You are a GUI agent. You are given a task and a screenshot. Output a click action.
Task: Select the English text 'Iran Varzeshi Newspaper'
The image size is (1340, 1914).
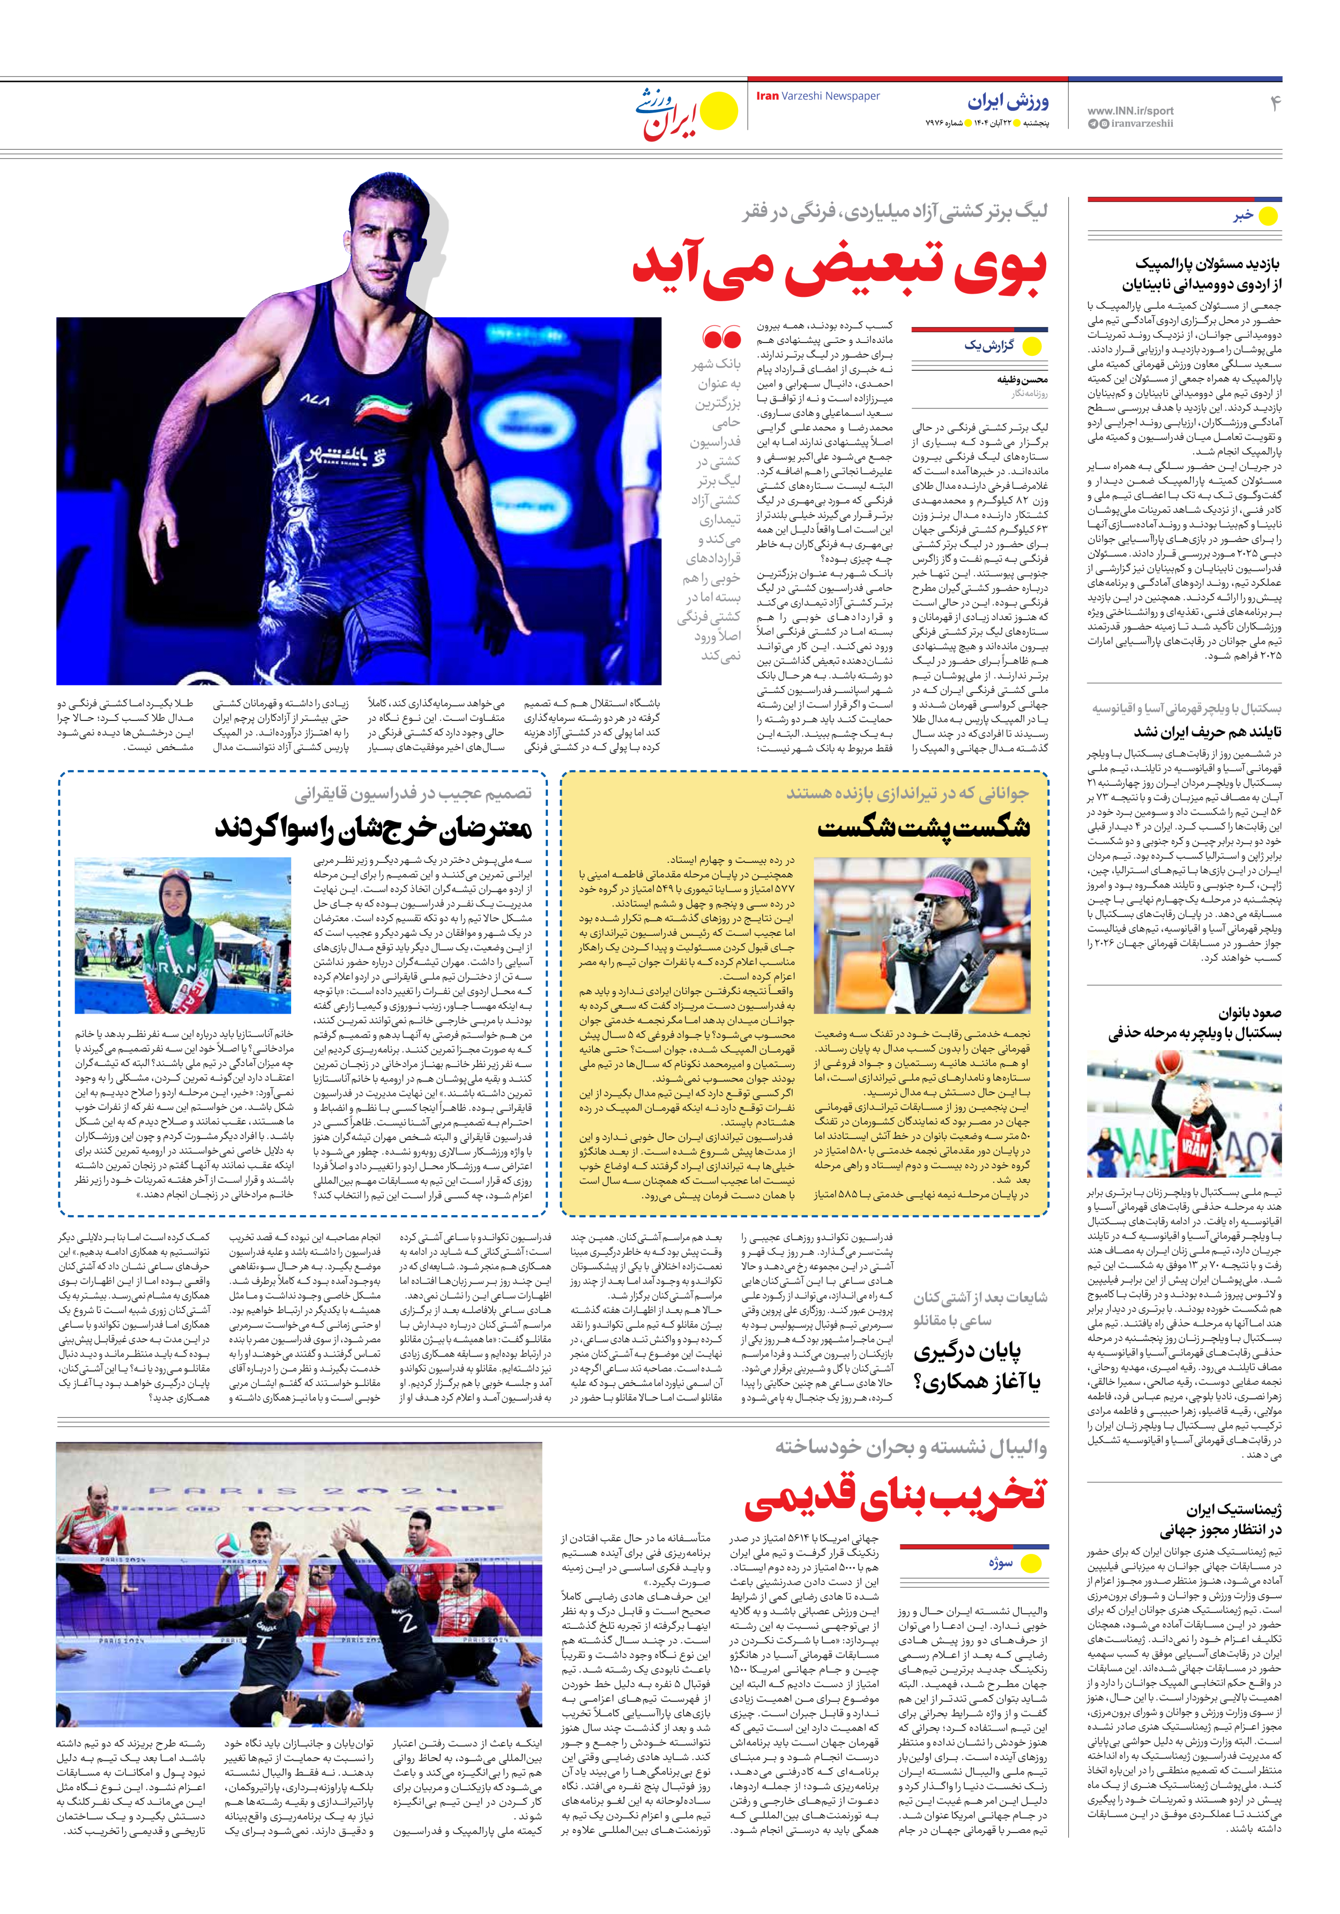(x=817, y=96)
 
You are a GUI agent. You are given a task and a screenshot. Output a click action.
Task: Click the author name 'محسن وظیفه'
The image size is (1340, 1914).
(x=1022, y=379)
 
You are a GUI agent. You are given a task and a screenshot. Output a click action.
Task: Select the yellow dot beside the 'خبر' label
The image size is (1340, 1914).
(x=1268, y=216)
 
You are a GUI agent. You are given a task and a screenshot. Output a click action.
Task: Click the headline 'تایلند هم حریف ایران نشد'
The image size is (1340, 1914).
(x=1207, y=731)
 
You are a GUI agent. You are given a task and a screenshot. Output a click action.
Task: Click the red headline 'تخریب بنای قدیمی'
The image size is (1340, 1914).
(x=894, y=1495)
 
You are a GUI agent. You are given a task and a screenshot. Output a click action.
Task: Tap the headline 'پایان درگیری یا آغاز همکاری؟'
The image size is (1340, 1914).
(x=977, y=1366)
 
